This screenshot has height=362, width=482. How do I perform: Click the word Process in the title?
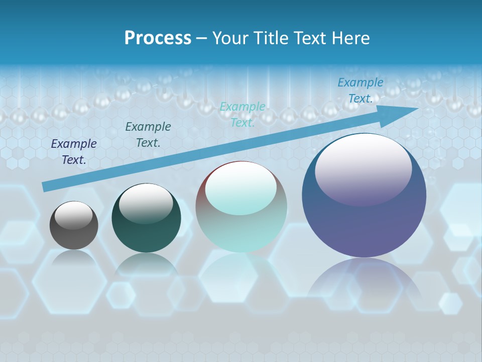(158, 38)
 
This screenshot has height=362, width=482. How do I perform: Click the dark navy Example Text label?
(74, 152)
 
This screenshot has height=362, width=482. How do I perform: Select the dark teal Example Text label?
(148, 135)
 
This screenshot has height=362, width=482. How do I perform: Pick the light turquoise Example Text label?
(243, 115)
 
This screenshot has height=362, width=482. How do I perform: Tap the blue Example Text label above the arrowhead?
(360, 90)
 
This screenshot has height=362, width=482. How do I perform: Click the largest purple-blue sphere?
(364, 221)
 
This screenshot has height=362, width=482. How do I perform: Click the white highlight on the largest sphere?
(363, 168)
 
